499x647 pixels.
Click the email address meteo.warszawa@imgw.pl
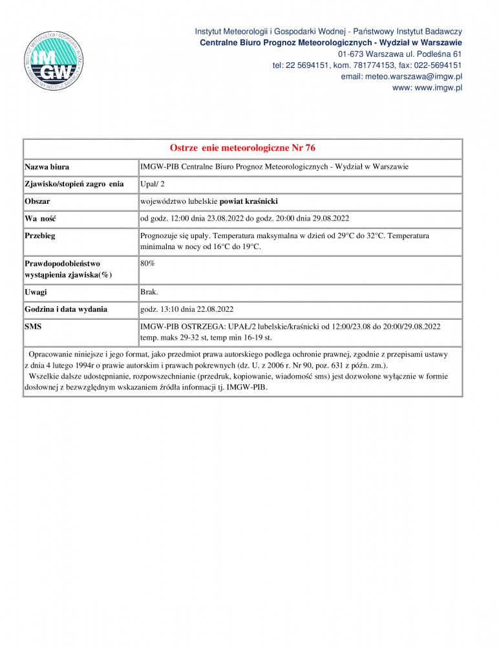pos(401,76)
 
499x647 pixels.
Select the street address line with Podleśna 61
pos(400,54)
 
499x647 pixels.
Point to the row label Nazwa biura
pos(47,167)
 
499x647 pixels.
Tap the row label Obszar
pos(37,201)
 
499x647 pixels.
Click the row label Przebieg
pos(40,236)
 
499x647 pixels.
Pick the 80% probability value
pos(147,264)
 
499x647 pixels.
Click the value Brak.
pos(149,292)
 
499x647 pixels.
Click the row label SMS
pos(33,327)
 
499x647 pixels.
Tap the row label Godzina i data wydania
pos(66,309)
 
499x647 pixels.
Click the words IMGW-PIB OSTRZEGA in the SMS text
pos(182,327)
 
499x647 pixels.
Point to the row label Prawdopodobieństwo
pos(63,264)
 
